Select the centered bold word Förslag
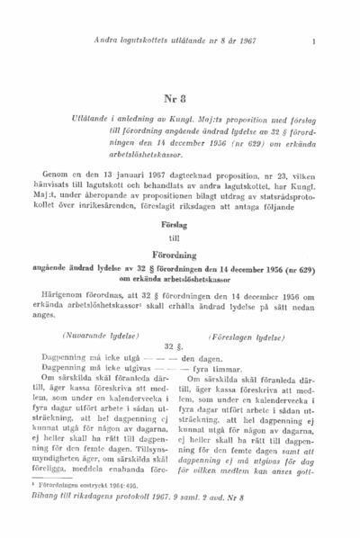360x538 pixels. [x=176, y=229]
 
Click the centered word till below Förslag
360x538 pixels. [x=176, y=240]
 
